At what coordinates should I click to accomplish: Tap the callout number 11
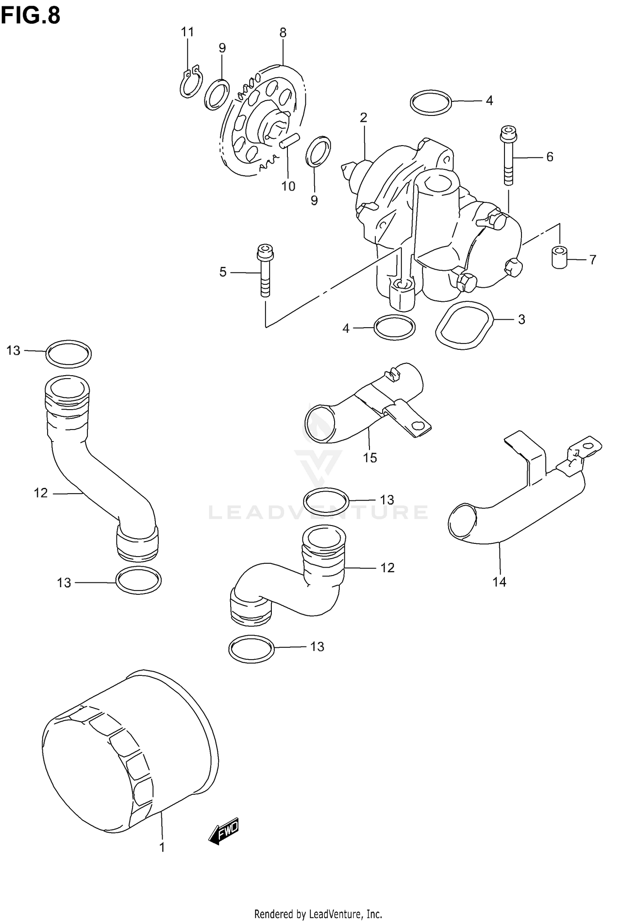click(187, 32)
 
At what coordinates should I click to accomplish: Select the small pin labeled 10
click(290, 141)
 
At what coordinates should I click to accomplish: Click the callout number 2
click(364, 118)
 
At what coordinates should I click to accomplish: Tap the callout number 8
click(283, 33)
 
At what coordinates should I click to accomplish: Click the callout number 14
click(499, 582)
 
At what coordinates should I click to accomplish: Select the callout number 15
click(370, 458)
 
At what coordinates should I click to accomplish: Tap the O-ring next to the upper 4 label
click(431, 102)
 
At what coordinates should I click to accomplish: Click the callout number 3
click(521, 319)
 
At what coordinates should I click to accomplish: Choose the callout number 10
click(288, 186)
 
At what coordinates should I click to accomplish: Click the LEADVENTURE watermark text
click(318, 512)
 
